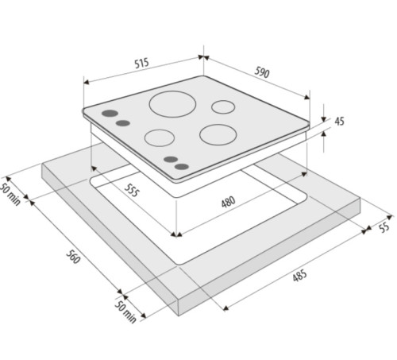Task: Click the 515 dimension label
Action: [142, 64]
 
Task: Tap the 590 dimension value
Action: [262, 72]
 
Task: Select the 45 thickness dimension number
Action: [339, 122]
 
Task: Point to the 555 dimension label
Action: [132, 190]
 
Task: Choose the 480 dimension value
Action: [228, 202]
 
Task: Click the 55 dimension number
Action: [384, 227]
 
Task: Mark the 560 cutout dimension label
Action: [73, 257]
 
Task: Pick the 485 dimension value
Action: [300, 276]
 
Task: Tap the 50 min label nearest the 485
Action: [125, 312]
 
